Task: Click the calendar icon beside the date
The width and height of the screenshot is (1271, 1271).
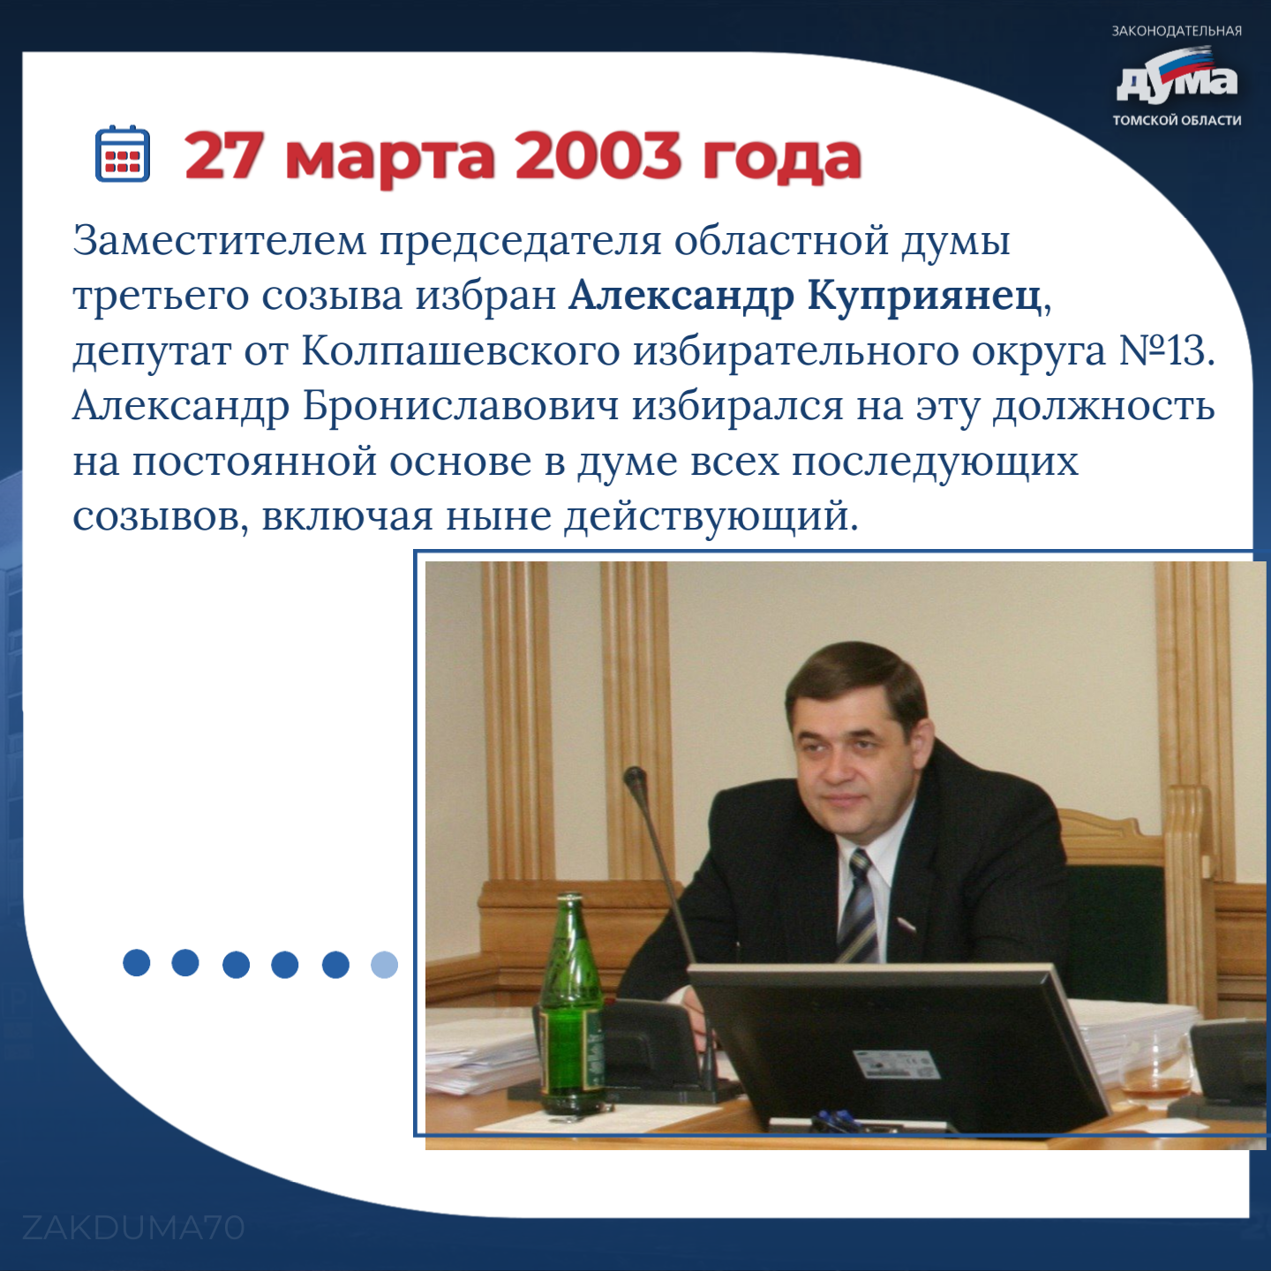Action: click(x=123, y=153)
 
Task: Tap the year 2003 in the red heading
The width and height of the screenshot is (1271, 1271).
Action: click(x=598, y=156)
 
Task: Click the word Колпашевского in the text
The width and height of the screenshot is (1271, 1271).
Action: click(x=461, y=352)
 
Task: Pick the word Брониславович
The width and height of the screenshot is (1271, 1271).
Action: click(x=461, y=406)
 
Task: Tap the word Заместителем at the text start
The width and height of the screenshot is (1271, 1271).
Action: click(x=219, y=242)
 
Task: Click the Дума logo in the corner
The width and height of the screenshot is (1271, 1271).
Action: click(x=1177, y=77)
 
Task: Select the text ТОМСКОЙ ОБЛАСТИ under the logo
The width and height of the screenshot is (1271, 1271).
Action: click(x=1177, y=121)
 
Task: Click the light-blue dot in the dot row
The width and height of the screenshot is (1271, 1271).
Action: click(x=385, y=964)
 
